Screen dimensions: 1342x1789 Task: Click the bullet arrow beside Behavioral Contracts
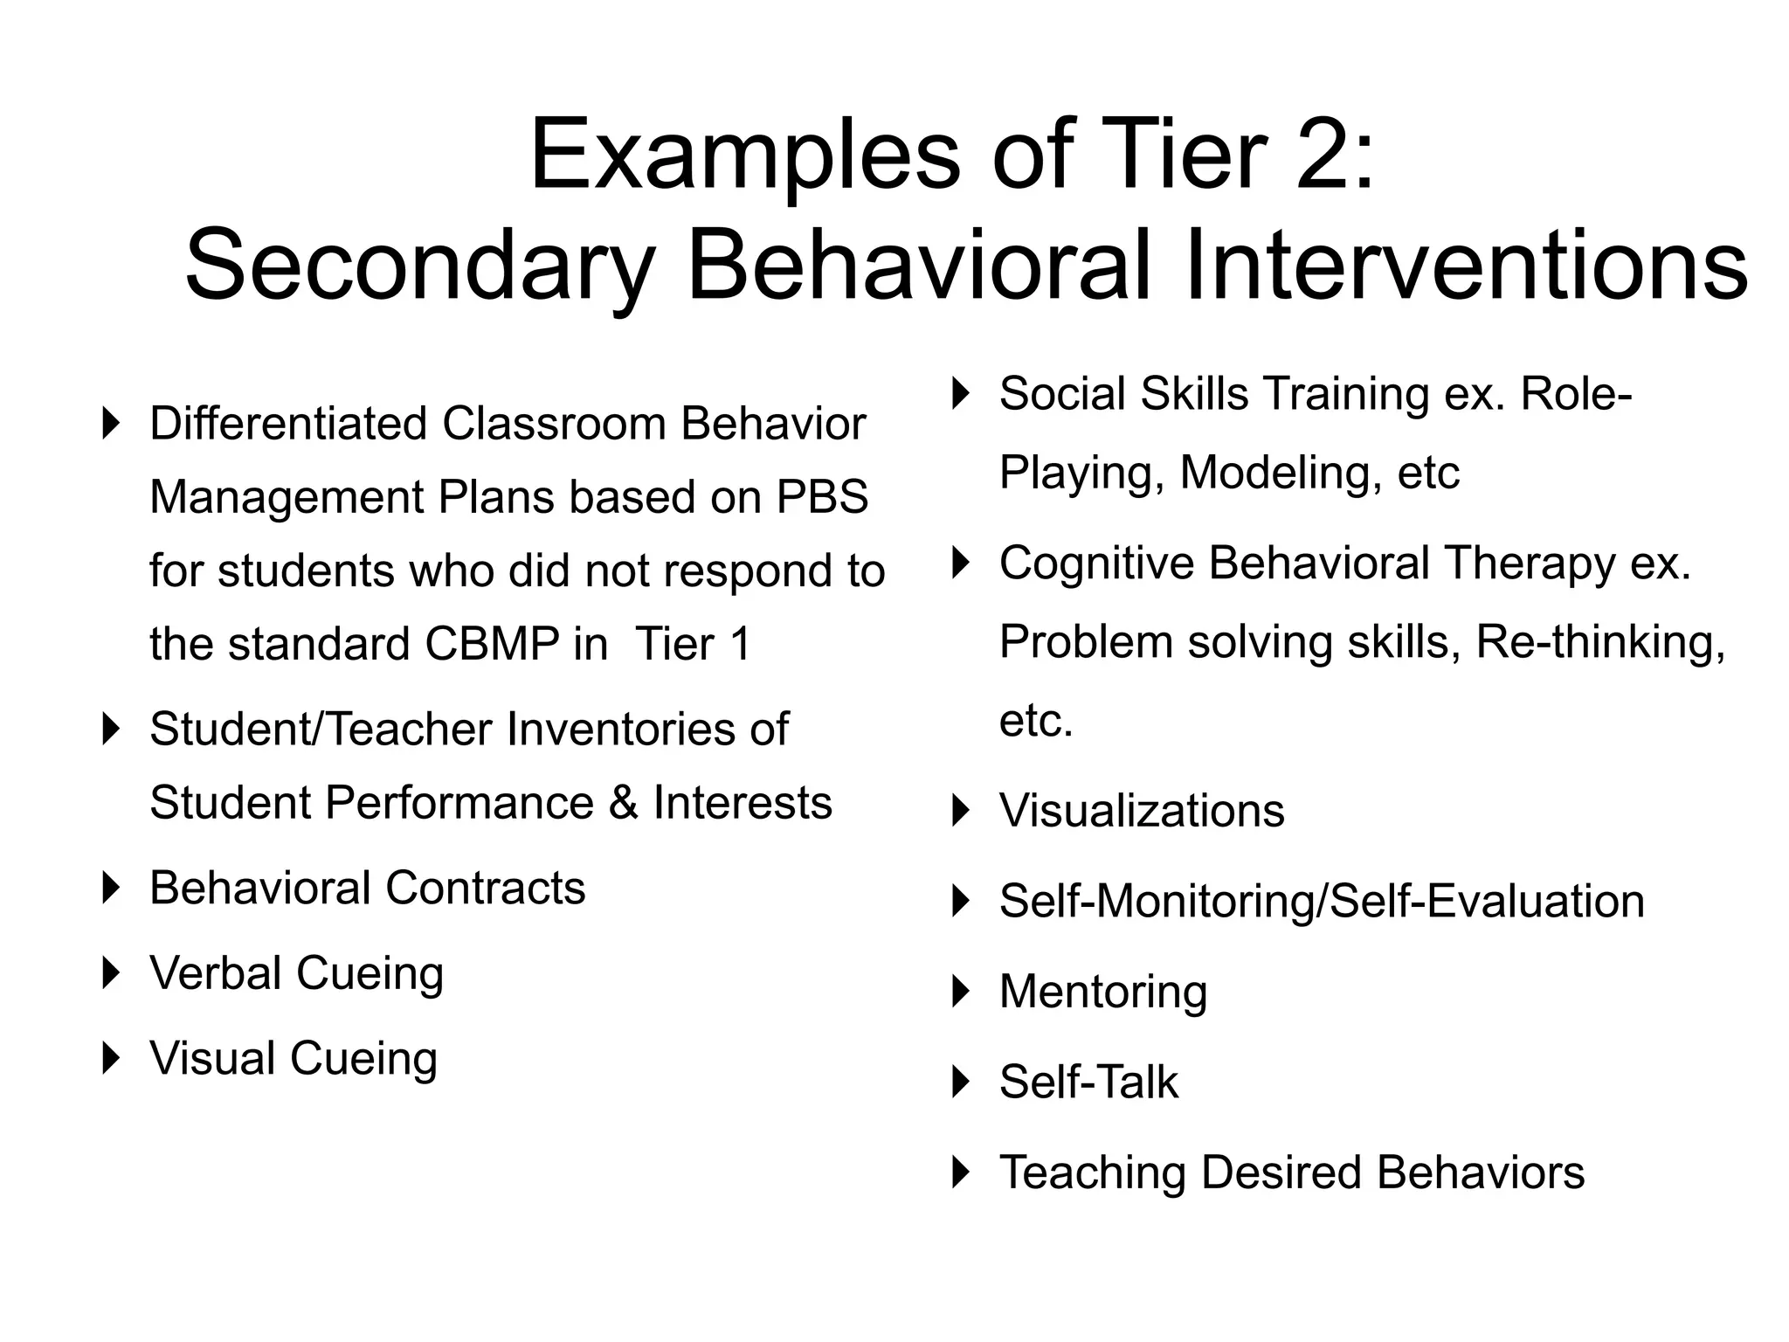pyautogui.click(x=110, y=888)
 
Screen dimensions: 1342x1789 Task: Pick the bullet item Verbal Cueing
pyautogui.click(x=296, y=973)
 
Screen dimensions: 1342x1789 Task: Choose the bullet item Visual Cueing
pyautogui.click(x=293, y=1058)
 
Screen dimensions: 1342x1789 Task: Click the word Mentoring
pyautogui.click(x=1102, y=992)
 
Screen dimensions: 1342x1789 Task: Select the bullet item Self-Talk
pyautogui.click(x=1088, y=1082)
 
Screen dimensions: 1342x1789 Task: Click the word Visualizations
pyautogui.click(x=1142, y=811)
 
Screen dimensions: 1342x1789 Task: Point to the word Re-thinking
pyautogui.click(x=1599, y=642)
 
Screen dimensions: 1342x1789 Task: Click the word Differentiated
pyautogui.click(x=288, y=424)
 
